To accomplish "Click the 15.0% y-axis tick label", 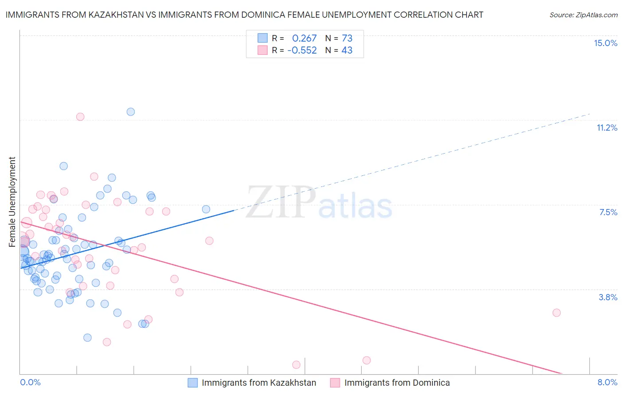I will [x=605, y=43].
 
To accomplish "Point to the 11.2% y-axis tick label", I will [x=607, y=128].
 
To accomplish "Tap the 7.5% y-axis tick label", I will [x=608, y=212].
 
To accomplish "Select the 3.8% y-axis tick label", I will [x=608, y=297].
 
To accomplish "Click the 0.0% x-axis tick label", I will [x=30, y=382].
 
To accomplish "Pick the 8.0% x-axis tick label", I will [x=607, y=382].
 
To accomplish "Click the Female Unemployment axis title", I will [x=12, y=201].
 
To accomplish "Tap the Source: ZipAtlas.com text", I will [x=583, y=15].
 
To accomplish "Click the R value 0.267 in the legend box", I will [x=304, y=39].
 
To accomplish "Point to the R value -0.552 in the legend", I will [x=302, y=50].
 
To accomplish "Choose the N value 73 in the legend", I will [x=347, y=39].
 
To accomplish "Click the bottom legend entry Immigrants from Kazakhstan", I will [x=259, y=383].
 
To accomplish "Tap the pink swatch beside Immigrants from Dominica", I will [x=335, y=383].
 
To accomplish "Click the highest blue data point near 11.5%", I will [x=131, y=112].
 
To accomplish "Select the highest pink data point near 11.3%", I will [x=80, y=117].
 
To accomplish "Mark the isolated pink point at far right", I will [x=557, y=313].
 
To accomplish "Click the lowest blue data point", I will [x=87, y=337].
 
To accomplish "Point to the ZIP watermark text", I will [x=280, y=202].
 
